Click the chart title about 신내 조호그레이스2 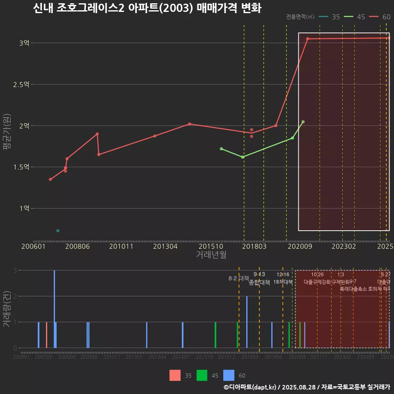(x=147, y=8)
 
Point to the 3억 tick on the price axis (x=24, y=43)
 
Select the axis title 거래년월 (x=211, y=254)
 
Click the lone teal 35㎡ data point (x=58, y=231)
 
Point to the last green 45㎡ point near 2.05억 (x=303, y=122)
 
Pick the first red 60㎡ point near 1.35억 (x=50, y=179)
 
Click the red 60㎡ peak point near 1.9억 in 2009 (x=97, y=134)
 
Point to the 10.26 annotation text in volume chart (x=317, y=275)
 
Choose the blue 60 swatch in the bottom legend (x=229, y=375)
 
